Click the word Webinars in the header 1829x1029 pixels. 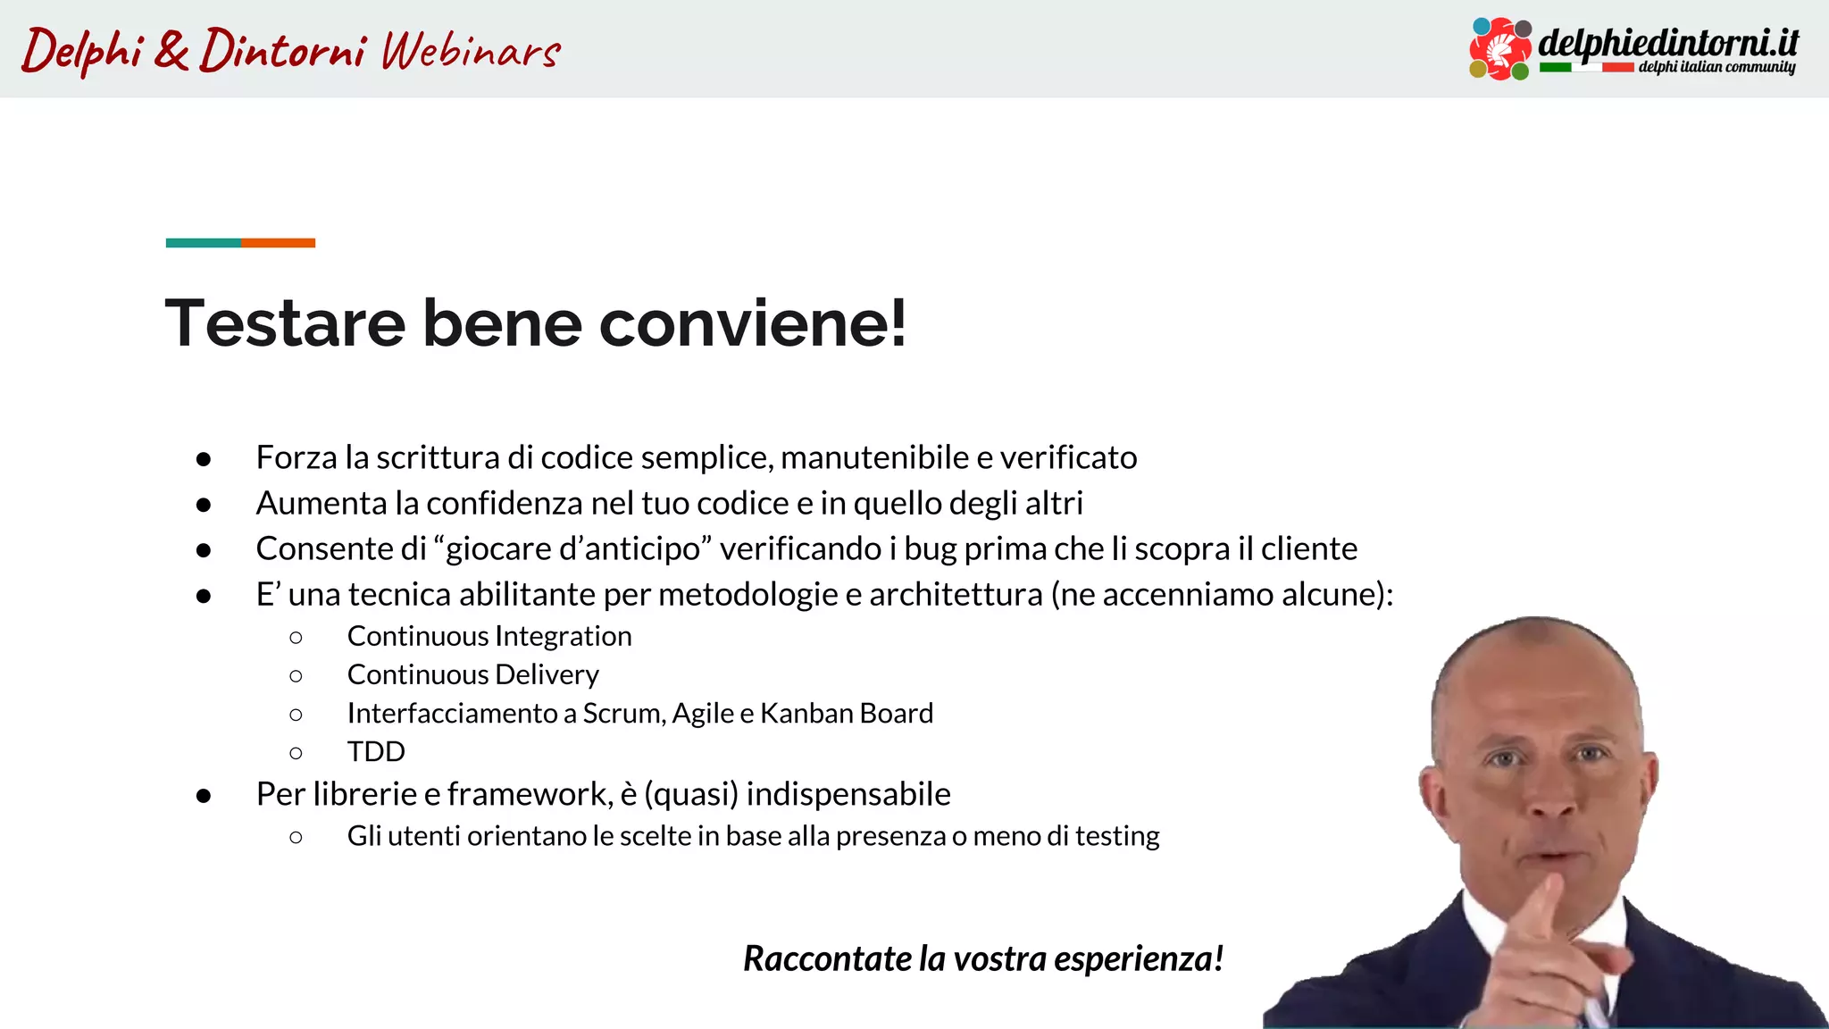[x=471, y=50]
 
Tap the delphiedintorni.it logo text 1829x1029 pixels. [x=1667, y=42]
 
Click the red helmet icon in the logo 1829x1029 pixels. [x=1501, y=48]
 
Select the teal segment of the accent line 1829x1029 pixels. [x=203, y=243]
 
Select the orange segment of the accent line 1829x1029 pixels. [x=278, y=243]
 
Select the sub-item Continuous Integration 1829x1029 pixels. [x=489, y=636]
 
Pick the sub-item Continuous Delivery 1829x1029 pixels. [x=472, y=674]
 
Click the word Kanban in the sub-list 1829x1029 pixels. [x=806, y=713]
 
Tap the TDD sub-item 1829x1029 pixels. [x=376, y=751]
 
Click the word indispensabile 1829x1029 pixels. [x=848, y=794]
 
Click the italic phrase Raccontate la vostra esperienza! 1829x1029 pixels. [x=982, y=958]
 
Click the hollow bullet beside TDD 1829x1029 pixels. [x=296, y=753]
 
